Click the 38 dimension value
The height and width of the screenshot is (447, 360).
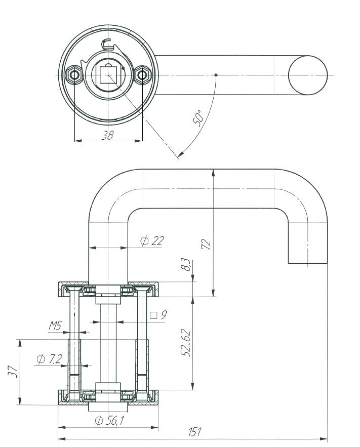pyautogui.click(x=107, y=135)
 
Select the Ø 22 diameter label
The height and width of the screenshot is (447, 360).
pyautogui.click(x=152, y=241)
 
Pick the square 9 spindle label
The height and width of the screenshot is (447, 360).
pyautogui.click(x=159, y=315)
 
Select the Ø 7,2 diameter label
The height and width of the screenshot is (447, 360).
pyautogui.click(x=50, y=359)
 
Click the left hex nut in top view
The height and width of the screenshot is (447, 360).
pyautogui.click(x=75, y=75)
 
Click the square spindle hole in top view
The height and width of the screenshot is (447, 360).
pyautogui.click(x=108, y=75)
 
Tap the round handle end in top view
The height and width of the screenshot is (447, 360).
pyautogui.click(x=308, y=75)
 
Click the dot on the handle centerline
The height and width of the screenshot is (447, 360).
pyautogui.click(x=216, y=75)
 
